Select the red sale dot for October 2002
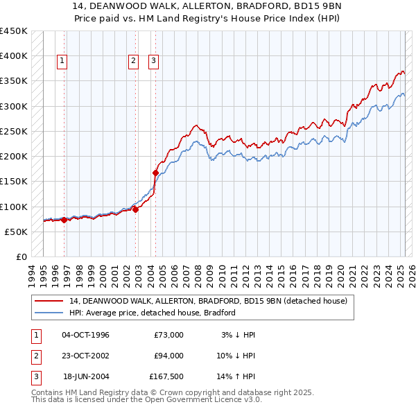pyautogui.click(x=135, y=210)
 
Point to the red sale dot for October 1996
pyautogui.click(x=64, y=220)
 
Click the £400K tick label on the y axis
pyautogui.click(x=14, y=56)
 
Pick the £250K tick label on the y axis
pyautogui.click(x=14, y=131)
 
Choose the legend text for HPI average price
pyautogui.click(x=152, y=313)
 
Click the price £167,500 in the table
pyautogui.click(x=166, y=376)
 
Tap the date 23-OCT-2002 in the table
pyautogui.click(x=85, y=356)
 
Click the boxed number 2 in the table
pyautogui.click(x=35, y=356)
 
